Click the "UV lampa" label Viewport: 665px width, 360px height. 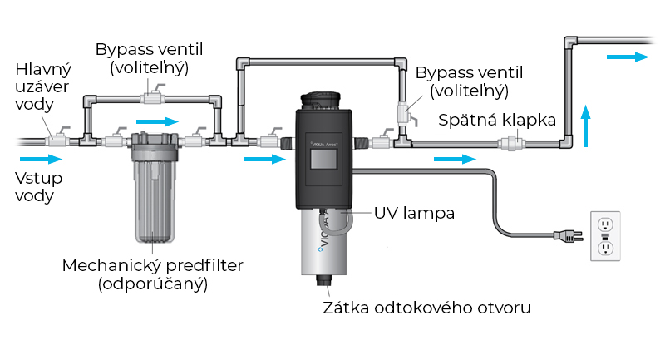click(414, 213)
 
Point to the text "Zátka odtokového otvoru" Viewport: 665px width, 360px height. click(426, 308)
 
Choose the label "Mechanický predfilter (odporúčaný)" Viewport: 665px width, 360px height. click(152, 274)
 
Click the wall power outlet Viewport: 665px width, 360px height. click(604, 236)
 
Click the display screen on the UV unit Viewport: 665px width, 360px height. click(323, 158)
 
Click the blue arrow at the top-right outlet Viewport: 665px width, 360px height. click(625, 57)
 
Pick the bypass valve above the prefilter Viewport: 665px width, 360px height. click(152, 98)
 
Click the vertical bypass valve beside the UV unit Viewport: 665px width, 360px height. click(405, 113)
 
